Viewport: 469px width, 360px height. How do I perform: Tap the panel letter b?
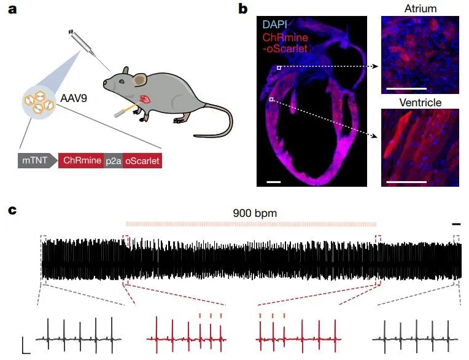pos(243,10)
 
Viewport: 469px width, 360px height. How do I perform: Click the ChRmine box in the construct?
pos(80,162)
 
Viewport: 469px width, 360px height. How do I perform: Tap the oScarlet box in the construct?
pos(142,162)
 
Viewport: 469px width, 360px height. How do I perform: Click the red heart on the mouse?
pos(146,99)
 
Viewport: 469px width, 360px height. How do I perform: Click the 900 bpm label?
pos(255,213)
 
